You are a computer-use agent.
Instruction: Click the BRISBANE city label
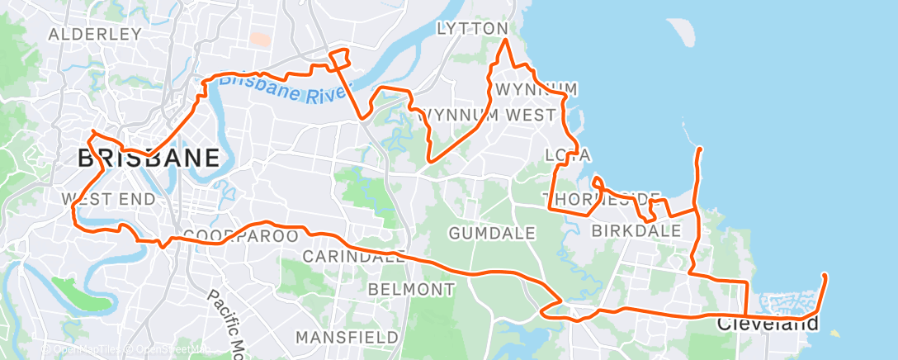(x=149, y=159)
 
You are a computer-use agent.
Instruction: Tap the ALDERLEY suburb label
(x=96, y=35)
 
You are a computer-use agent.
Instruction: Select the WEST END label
(x=108, y=199)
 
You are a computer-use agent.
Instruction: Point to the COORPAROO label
(x=239, y=236)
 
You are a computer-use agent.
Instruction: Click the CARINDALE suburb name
(x=353, y=257)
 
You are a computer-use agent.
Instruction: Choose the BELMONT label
(x=411, y=290)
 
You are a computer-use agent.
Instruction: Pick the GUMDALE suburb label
(x=492, y=234)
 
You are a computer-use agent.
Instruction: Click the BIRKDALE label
(x=636, y=230)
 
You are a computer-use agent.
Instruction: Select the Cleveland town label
(x=767, y=323)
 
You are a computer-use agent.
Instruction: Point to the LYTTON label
(x=472, y=29)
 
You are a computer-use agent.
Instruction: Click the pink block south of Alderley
(x=259, y=39)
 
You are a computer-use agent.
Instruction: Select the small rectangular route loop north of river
(x=339, y=57)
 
